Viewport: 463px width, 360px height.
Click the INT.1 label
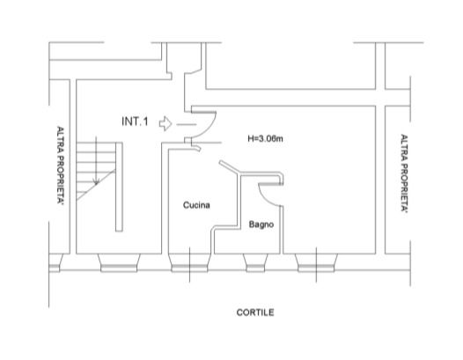135,121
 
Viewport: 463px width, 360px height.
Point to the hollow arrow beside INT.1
165,123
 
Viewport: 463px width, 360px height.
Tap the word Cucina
196,205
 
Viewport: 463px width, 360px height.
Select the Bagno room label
261,224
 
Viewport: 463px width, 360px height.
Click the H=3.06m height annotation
265,138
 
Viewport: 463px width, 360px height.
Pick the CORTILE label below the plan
255,312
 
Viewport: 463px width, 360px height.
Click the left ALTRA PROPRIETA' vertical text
61,165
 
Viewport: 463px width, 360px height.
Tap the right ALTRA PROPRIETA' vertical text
404,173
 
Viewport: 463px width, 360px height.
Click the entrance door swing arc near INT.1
210,128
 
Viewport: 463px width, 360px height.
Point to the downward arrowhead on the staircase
96,181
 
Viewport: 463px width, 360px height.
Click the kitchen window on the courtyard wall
189,263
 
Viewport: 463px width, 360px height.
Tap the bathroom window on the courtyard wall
255,263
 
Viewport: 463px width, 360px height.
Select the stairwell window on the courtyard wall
119,263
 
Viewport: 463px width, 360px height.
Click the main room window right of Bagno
316,263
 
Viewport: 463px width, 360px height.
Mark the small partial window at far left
55,263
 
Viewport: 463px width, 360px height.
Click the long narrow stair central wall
119,187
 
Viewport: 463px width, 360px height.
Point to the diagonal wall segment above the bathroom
229,166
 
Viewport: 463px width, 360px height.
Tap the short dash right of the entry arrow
187,125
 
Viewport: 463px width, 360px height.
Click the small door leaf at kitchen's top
196,148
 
